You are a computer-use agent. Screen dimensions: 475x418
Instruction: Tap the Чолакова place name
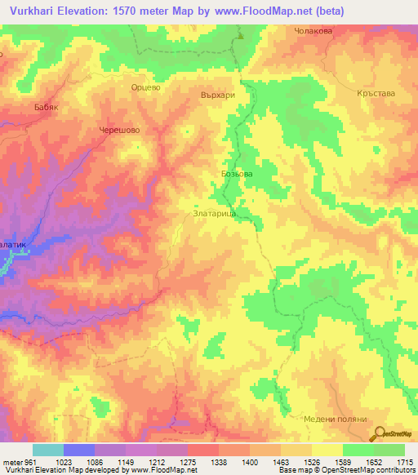click(x=313, y=31)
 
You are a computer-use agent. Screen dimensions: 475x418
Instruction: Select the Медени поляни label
click(x=331, y=415)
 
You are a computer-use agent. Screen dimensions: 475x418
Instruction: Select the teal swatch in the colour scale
click(x=47, y=450)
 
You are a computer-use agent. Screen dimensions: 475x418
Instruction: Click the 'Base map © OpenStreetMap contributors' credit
click(x=346, y=471)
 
